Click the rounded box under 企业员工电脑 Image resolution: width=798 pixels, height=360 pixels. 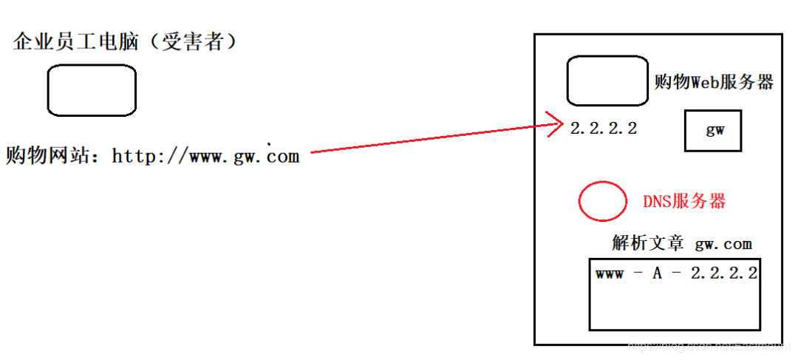tap(92, 90)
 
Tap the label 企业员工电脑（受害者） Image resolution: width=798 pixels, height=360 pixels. tap(126, 43)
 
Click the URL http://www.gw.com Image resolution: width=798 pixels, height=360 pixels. tap(205, 156)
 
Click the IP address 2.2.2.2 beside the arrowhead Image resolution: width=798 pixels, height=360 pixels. tap(604, 128)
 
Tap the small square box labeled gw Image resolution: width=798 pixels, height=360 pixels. tap(712, 130)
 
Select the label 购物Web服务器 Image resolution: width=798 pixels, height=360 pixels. tap(714, 82)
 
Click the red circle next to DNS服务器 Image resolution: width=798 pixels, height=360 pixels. tap(603, 200)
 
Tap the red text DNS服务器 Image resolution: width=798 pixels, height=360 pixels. tap(684, 201)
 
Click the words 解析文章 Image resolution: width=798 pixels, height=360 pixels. tap(648, 243)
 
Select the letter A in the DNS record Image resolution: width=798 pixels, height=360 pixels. tap(658, 273)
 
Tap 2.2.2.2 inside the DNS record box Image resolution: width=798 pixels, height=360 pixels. tap(724, 273)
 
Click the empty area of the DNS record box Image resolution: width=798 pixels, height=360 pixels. tap(674, 307)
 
